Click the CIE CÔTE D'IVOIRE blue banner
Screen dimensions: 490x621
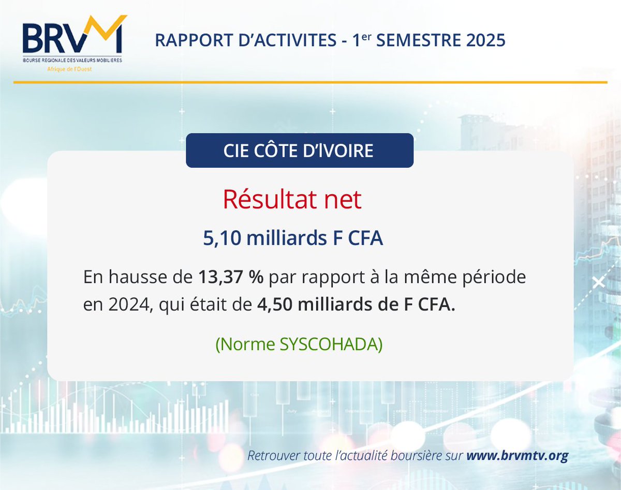[x=299, y=151]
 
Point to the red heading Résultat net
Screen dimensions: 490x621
[x=292, y=200]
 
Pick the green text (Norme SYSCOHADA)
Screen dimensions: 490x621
[x=299, y=345]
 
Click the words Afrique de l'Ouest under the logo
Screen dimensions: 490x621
[x=70, y=69]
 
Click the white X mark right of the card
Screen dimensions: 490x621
[x=599, y=283]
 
